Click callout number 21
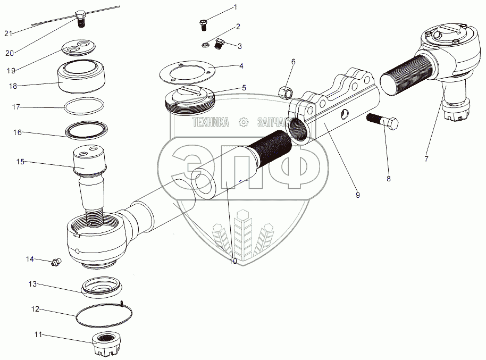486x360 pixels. (8, 34)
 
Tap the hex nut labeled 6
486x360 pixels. (284, 93)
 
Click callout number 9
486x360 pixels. (358, 195)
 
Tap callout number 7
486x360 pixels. (426, 158)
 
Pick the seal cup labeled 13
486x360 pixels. (102, 287)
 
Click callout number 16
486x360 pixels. (18, 132)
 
